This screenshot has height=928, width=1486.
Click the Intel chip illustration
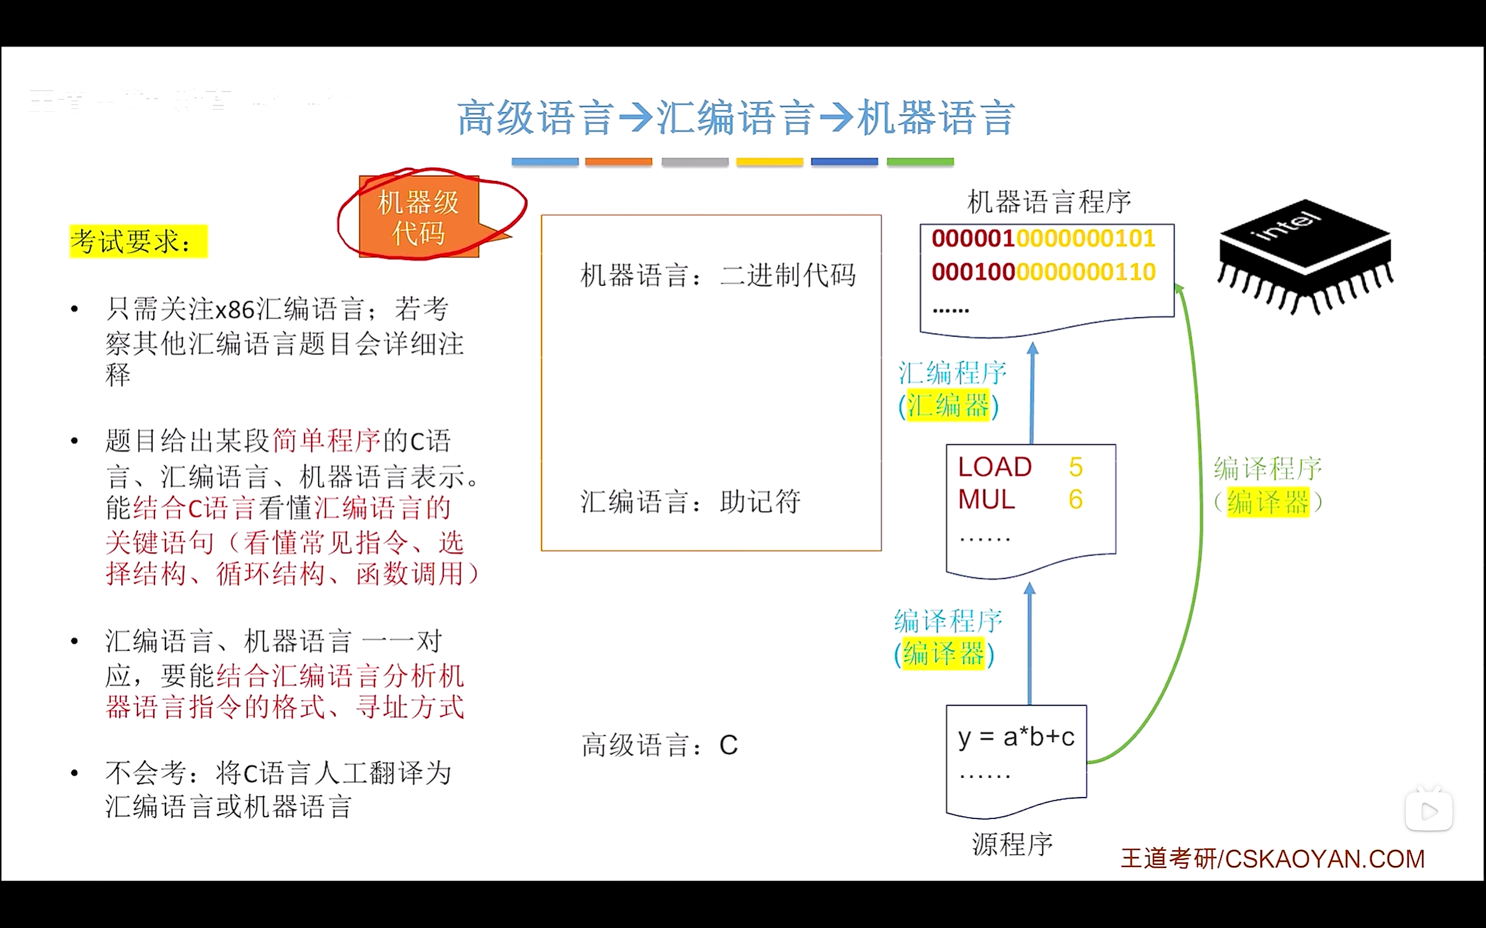pyautogui.click(x=1305, y=255)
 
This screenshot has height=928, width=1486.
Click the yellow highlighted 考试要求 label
pyautogui.click(x=138, y=241)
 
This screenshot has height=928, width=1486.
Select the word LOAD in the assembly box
pyautogui.click(x=995, y=467)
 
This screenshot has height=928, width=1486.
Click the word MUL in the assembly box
pyautogui.click(x=986, y=499)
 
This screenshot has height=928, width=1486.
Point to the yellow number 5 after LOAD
pyautogui.click(x=1075, y=467)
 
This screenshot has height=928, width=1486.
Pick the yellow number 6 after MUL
pyautogui.click(x=1075, y=499)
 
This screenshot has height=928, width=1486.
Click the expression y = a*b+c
pyautogui.click(x=1016, y=737)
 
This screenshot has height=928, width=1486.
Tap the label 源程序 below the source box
pyautogui.click(x=1012, y=844)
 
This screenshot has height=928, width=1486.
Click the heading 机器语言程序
pyautogui.click(x=1049, y=202)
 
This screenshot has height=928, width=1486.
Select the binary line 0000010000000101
pyautogui.click(x=1043, y=238)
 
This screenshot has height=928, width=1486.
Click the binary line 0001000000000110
pyautogui.click(x=1043, y=272)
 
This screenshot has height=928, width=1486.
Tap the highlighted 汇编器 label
pyautogui.click(x=948, y=405)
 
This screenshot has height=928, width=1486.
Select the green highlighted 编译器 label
pyautogui.click(x=1267, y=503)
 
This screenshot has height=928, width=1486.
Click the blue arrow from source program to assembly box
pyautogui.click(x=1030, y=644)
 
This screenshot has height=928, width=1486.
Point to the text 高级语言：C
pyautogui.click(x=659, y=745)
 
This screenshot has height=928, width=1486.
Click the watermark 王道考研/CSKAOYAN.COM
pyautogui.click(x=1272, y=858)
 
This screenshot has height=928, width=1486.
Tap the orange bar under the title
pyautogui.click(x=618, y=162)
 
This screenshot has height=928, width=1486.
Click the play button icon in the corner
pyautogui.click(x=1429, y=811)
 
